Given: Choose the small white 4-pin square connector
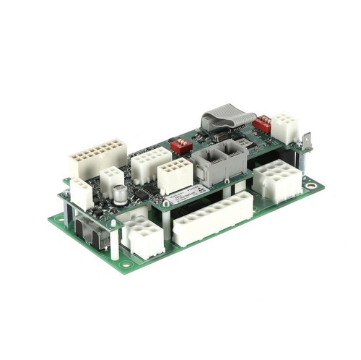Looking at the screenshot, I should (x=111, y=180).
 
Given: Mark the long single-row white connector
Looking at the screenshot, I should (x=212, y=218).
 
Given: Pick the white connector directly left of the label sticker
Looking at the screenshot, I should (x=175, y=176).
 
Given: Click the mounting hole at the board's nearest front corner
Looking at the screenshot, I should (x=126, y=265).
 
